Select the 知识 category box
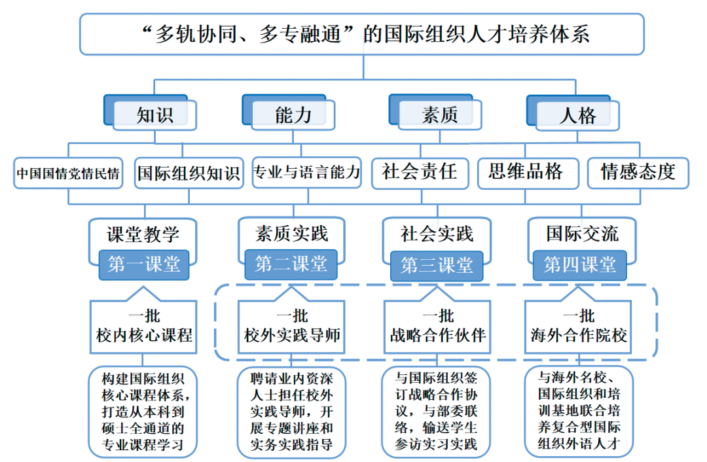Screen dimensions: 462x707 pyautogui.click(x=155, y=115)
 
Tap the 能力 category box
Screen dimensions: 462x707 pyautogui.click(x=293, y=115)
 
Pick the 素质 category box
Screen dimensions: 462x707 pyautogui.click(x=439, y=115)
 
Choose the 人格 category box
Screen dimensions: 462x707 pyautogui.click(x=577, y=116)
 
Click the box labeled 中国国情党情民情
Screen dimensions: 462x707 pyautogui.click(x=68, y=173)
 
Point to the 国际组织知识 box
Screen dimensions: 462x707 pyautogui.click(x=189, y=173)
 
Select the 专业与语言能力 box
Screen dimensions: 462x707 pyautogui.click(x=306, y=173)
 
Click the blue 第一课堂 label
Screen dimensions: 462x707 pyautogui.click(x=144, y=264)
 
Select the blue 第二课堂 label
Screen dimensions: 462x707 pyautogui.click(x=291, y=264)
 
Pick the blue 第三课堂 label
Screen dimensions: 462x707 pyautogui.click(x=437, y=265)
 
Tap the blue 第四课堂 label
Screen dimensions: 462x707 pyautogui.click(x=580, y=264)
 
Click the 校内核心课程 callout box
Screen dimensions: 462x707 pyautogui.click(x=144, y=327)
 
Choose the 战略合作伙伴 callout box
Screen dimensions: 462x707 pyautogui.click(x=437, y=327)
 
